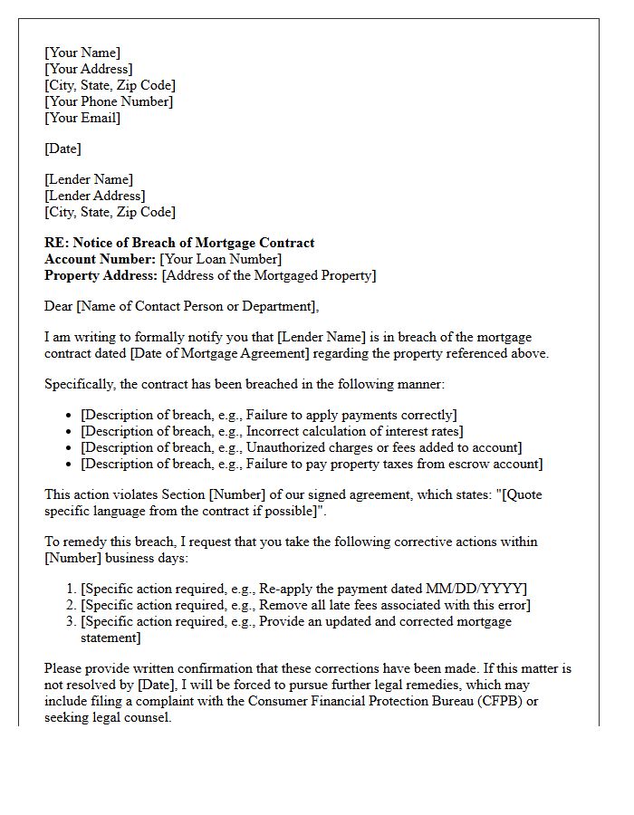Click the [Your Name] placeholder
tap(82, 53)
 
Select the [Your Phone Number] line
tap(109, 101)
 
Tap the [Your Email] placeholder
tap(82, 118)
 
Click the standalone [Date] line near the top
tap(62, 149)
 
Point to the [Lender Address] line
tap(94, 196)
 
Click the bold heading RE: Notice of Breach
tap(179, 243)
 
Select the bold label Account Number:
tap(100, 259)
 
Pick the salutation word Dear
tap(59, 306)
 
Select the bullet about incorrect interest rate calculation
tap(272, 431)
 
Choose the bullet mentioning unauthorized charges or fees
tap(301, 447)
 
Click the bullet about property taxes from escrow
tap(312, 464)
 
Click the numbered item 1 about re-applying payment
tap(303, 589)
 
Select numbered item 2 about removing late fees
tap(305, 605)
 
